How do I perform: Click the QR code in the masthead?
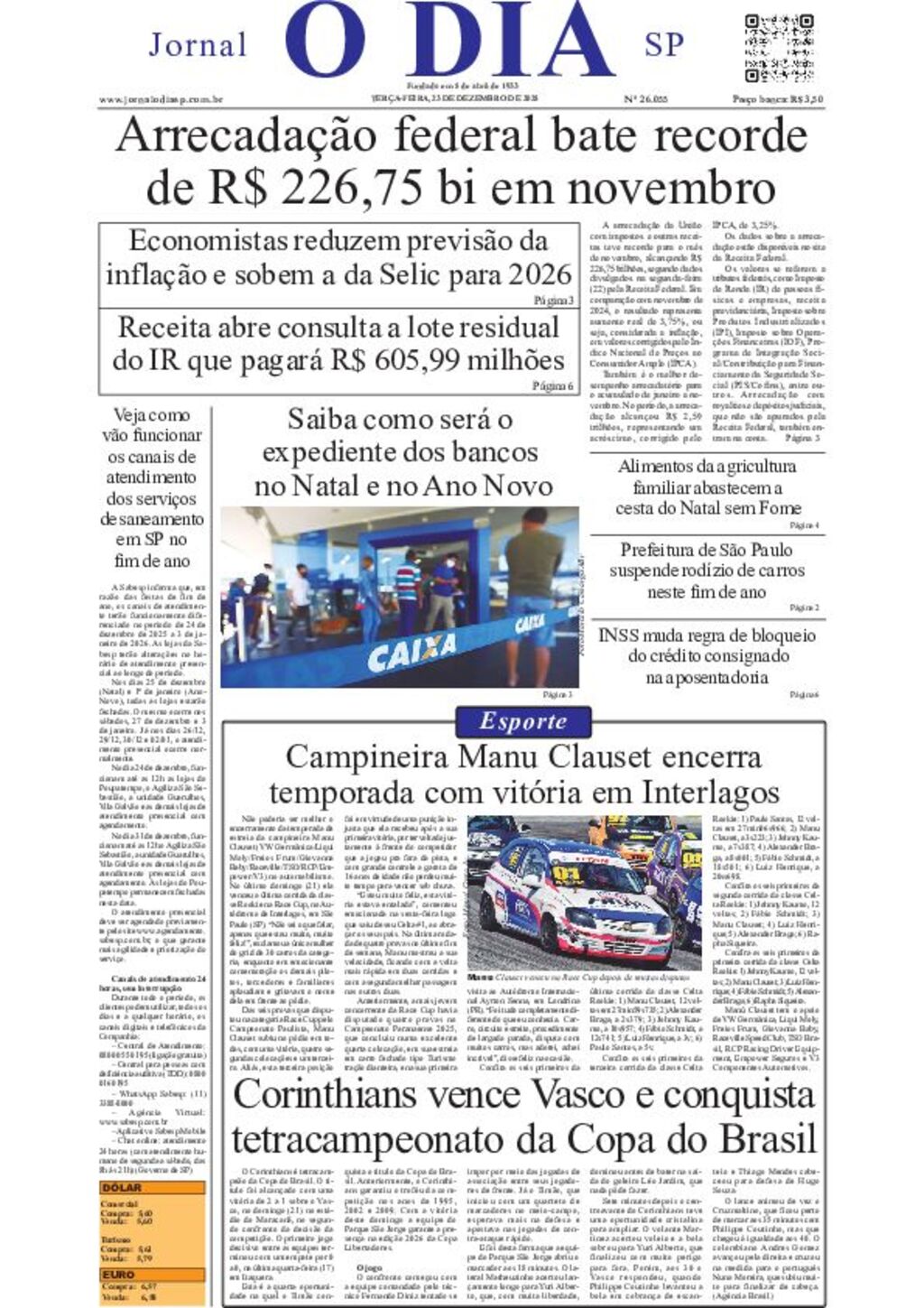(x=781, y=48)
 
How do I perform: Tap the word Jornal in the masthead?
(x=197, y=44)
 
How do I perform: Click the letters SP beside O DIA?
(x=663, y=44)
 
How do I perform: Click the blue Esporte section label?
(x=522, y=721)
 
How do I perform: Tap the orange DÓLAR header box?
(x=152, y=1188)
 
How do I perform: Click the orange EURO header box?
(x=152, y=1275)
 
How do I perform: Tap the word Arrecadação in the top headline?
(x=246, y=136)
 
